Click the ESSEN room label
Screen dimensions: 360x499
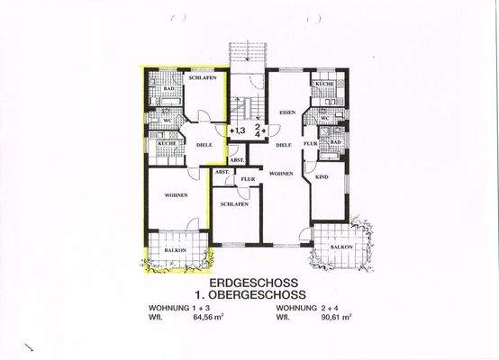(x=287, y=112)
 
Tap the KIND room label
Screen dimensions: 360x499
(x=322, y=178)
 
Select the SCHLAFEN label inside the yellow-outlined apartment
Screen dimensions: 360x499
(x=200, y=79)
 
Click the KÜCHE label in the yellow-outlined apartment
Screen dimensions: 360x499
(x=166, y=144)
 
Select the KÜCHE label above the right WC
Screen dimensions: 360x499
(x=323, y=84)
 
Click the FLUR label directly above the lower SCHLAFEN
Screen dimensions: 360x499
(x=245, y=178)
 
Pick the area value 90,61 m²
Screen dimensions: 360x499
(x=332, y=317)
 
